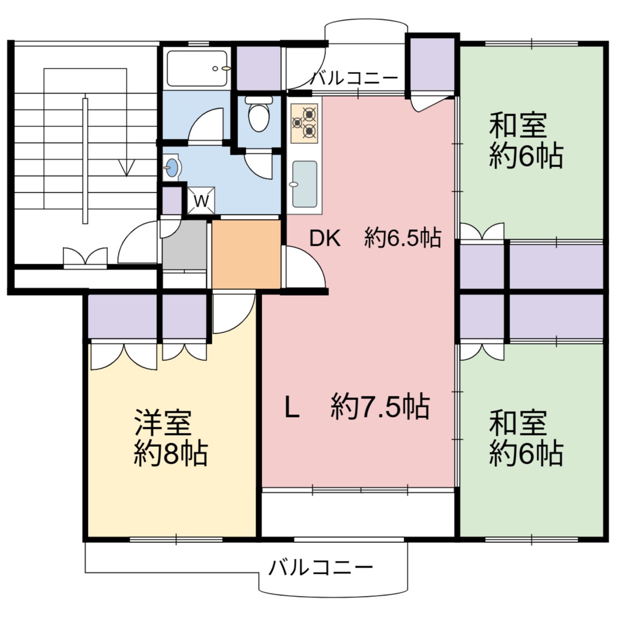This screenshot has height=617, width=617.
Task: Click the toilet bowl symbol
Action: click(x=259, y=114)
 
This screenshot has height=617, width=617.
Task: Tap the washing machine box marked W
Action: click(x=201, y=201)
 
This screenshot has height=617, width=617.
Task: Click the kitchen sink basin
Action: click(x=304, y=185)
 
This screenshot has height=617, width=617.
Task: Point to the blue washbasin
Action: click(x=172, y=167)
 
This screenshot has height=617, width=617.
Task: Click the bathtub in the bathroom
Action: click(x=197, y=68)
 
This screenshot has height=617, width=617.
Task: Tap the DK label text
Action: click(x=325, y=238)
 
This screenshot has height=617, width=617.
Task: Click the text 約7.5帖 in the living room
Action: click(x=380, y=407)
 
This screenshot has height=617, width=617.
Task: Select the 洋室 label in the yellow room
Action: click(x=163, y=423)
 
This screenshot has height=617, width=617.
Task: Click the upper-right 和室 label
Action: click(x=518, y=125)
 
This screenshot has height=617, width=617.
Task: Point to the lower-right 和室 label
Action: click(x=518, y=423)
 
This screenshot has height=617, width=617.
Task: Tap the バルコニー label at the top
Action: click(x=355, y=78)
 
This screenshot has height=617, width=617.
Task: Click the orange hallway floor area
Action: click(x=246, y=254)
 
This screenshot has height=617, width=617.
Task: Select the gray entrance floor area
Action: click(x=184, y=245)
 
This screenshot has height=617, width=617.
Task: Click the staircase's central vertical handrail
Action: click(x=85, y=161)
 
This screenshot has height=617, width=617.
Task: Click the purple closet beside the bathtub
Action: click(x=259, y=68)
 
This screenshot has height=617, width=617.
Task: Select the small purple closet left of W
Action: click(x=172, y=201)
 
